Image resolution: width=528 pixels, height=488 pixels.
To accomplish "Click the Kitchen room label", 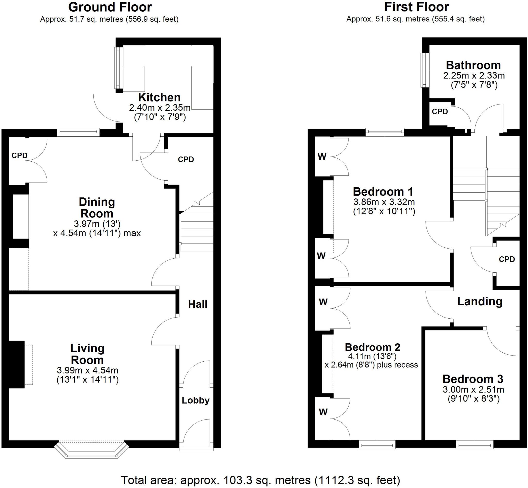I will [159, 98].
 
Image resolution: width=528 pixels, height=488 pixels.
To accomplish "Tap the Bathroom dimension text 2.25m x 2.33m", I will [474, 76].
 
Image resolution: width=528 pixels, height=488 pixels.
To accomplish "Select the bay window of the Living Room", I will [91, 449].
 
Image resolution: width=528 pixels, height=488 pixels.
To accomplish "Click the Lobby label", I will [195, 400].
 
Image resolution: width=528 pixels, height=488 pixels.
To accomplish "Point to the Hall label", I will [197, 304].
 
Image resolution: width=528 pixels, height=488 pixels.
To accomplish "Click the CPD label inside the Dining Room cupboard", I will [19, 155].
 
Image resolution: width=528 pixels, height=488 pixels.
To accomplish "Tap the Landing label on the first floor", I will [480, 301].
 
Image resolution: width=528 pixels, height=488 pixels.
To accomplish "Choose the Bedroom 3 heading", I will [473, 379].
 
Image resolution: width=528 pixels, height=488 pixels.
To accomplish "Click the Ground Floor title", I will [110, 7].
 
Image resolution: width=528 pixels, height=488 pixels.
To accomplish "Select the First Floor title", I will [416, 7].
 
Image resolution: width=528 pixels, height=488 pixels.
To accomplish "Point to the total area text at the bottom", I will [260, 480].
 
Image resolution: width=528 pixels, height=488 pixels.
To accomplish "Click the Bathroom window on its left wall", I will [425, 70].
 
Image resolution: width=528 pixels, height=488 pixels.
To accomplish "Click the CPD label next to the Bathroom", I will [440, 111].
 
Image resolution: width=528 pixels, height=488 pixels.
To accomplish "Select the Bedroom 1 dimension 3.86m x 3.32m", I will [384, 202].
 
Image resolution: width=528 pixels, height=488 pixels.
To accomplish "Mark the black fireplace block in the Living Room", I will [17, 364].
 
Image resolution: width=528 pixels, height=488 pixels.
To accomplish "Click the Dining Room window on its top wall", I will [78, 132].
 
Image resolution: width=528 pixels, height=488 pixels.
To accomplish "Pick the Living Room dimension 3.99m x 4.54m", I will [87, 370].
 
